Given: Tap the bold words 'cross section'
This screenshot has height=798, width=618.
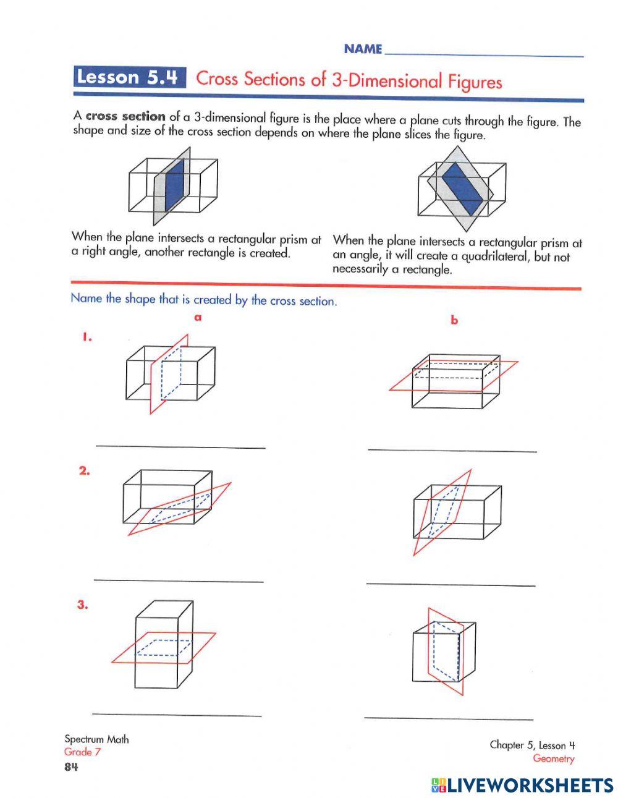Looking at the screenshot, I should pyautogui.click(x=125, y=116).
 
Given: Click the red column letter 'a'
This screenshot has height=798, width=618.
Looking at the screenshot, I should pyautogui.click(x=198, y=318).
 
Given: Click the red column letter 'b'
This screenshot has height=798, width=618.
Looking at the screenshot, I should pyautogui.click(x=454, y=320).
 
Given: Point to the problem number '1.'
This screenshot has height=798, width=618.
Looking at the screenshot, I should pyautogui.click(x=87, y=337).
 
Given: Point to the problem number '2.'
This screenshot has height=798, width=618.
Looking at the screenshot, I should pyautogui.click(x=85, y=471).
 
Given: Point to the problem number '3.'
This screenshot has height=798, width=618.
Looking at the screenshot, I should pyautogui.click(x=83, y=605).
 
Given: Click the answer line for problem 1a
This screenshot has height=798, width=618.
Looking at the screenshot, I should pyautogui.click(x=180, y=446).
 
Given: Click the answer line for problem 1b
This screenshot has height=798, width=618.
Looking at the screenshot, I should pyautogui.click(x=452, y=450).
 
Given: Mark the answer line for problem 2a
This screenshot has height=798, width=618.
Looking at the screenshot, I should pyautogui.click(x=179, y=580).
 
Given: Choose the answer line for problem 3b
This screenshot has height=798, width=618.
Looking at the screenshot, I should pyautogui.click(x=449, y=718).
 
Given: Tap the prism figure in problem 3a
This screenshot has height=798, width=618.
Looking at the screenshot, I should pyautogui.click(x=164, y=645).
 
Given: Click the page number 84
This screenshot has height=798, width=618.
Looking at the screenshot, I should pyautogui.click(x=71, y=767).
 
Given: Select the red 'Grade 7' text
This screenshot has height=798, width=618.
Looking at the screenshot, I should pyautogui.click(x=82, y=752).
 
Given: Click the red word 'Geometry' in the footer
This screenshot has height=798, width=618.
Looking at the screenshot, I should pyautogui.click(x=553, y=759).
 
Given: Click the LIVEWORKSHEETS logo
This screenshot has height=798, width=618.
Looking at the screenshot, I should pyautogui.click(x=522, y=785).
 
